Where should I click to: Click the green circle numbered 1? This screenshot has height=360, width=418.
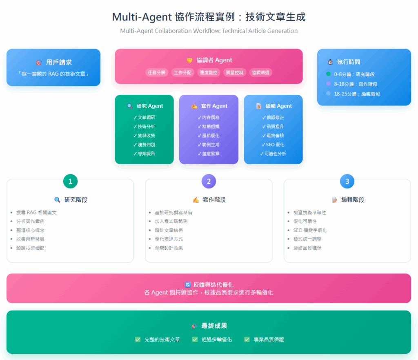pos(70,181)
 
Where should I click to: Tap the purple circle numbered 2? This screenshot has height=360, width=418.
pos(209,181)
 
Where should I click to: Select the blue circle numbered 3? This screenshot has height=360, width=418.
pos(347,181)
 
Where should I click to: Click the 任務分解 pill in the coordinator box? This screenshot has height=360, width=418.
pos(157,72)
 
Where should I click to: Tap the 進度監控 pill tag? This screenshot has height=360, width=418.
pos(209,72)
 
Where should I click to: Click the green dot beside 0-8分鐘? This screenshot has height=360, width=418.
pos(328,74)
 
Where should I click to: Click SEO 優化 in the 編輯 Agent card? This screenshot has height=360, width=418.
pos(273,144)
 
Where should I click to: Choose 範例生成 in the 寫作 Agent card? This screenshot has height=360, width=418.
pos(209,144)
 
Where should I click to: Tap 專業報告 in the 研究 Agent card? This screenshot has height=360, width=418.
pos(145,154)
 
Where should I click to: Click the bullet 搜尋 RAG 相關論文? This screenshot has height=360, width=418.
pos(36,212)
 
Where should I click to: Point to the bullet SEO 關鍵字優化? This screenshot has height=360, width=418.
pos(310,230)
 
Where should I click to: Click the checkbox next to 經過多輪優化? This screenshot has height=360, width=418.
pos(195,339)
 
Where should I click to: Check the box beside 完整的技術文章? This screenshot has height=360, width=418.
pos(138,339)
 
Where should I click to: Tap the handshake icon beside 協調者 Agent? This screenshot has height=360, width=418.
pos(189,60)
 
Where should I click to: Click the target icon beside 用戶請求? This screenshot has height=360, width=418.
pos(38,63)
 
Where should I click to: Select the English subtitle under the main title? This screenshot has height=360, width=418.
pos(209,31)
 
